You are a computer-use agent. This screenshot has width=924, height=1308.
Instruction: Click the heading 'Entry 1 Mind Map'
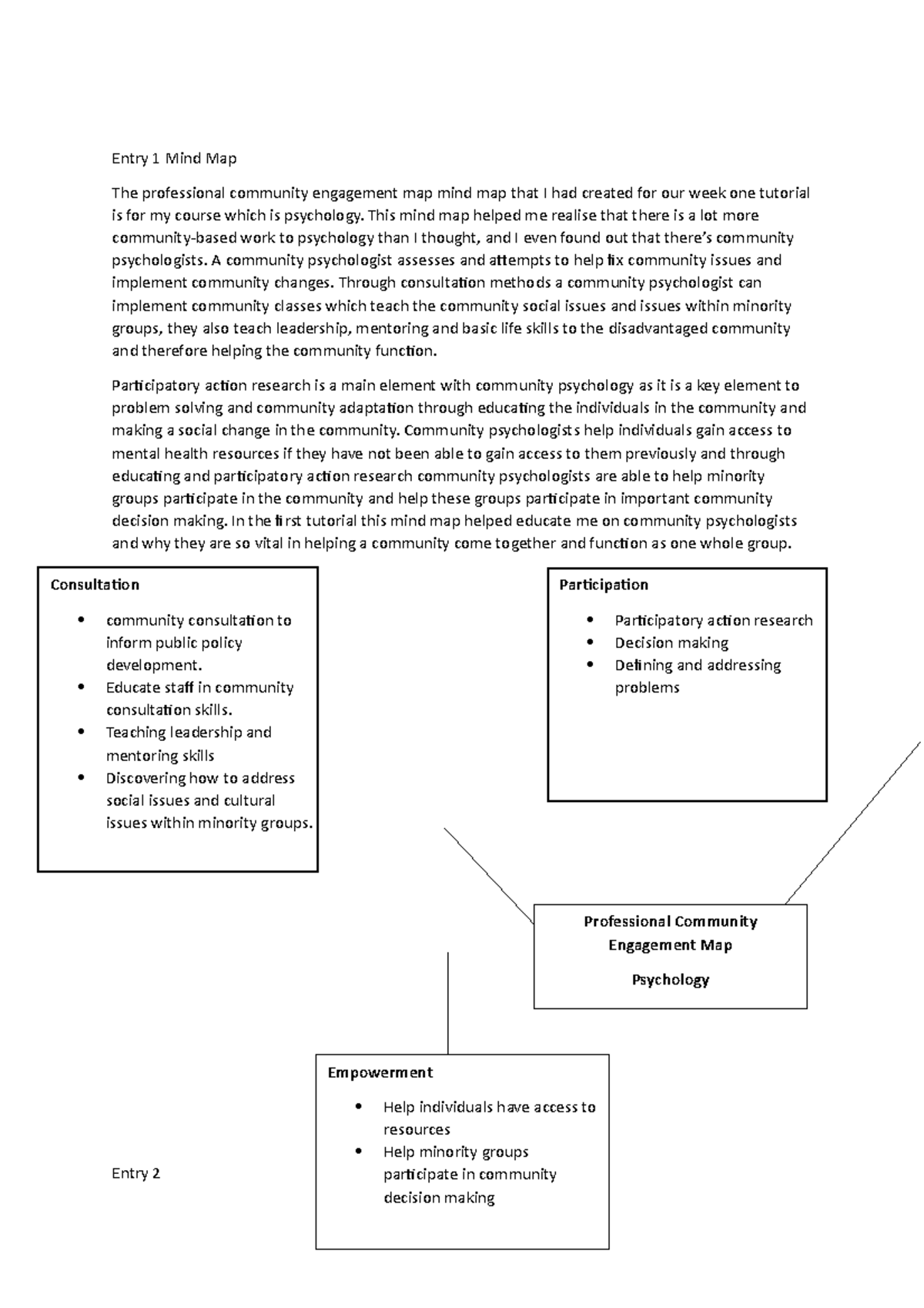pyautogui.click(x=174, y=159)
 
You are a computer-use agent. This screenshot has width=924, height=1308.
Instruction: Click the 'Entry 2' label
pyautogui.click(x=136, y=1173)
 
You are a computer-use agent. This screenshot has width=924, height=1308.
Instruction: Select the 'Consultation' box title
pyautogui.click(x=95, y=585)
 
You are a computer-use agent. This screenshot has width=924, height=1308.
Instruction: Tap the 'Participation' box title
pyautogui.click(x=604, y=585)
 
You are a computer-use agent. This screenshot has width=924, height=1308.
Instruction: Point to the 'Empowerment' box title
pyautogui.click(x=380, y=1072)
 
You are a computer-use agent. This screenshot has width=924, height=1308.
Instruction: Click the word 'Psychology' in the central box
pyautogui.click(x=670, y=980)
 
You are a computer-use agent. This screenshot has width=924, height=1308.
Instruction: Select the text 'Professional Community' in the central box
pyautogui.click(x=670, y=921)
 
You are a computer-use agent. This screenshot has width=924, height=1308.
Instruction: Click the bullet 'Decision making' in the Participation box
pyautogui.click(x=671, y=642)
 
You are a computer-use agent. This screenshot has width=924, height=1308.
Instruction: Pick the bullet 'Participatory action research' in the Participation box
pyautogui.click(x=713, y=620)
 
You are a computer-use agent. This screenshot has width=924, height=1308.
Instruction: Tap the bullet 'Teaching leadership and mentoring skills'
pyautogui.click(x=189, y=743)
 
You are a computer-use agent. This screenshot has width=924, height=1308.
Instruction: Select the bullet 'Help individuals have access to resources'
pyautogui.click(x=489, y=1118)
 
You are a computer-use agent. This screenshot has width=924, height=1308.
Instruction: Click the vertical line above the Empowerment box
pyautogui.click(x=447, y=1001)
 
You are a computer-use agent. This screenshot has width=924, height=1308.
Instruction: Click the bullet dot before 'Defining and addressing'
pyautogui.click(x=590, y=664)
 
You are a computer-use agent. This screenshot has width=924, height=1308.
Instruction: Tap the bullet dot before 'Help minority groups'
pyautogui.click(x=358, y=1151)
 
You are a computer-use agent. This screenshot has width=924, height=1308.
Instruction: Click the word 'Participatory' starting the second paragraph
pyautogui.click(x=155, y=385)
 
